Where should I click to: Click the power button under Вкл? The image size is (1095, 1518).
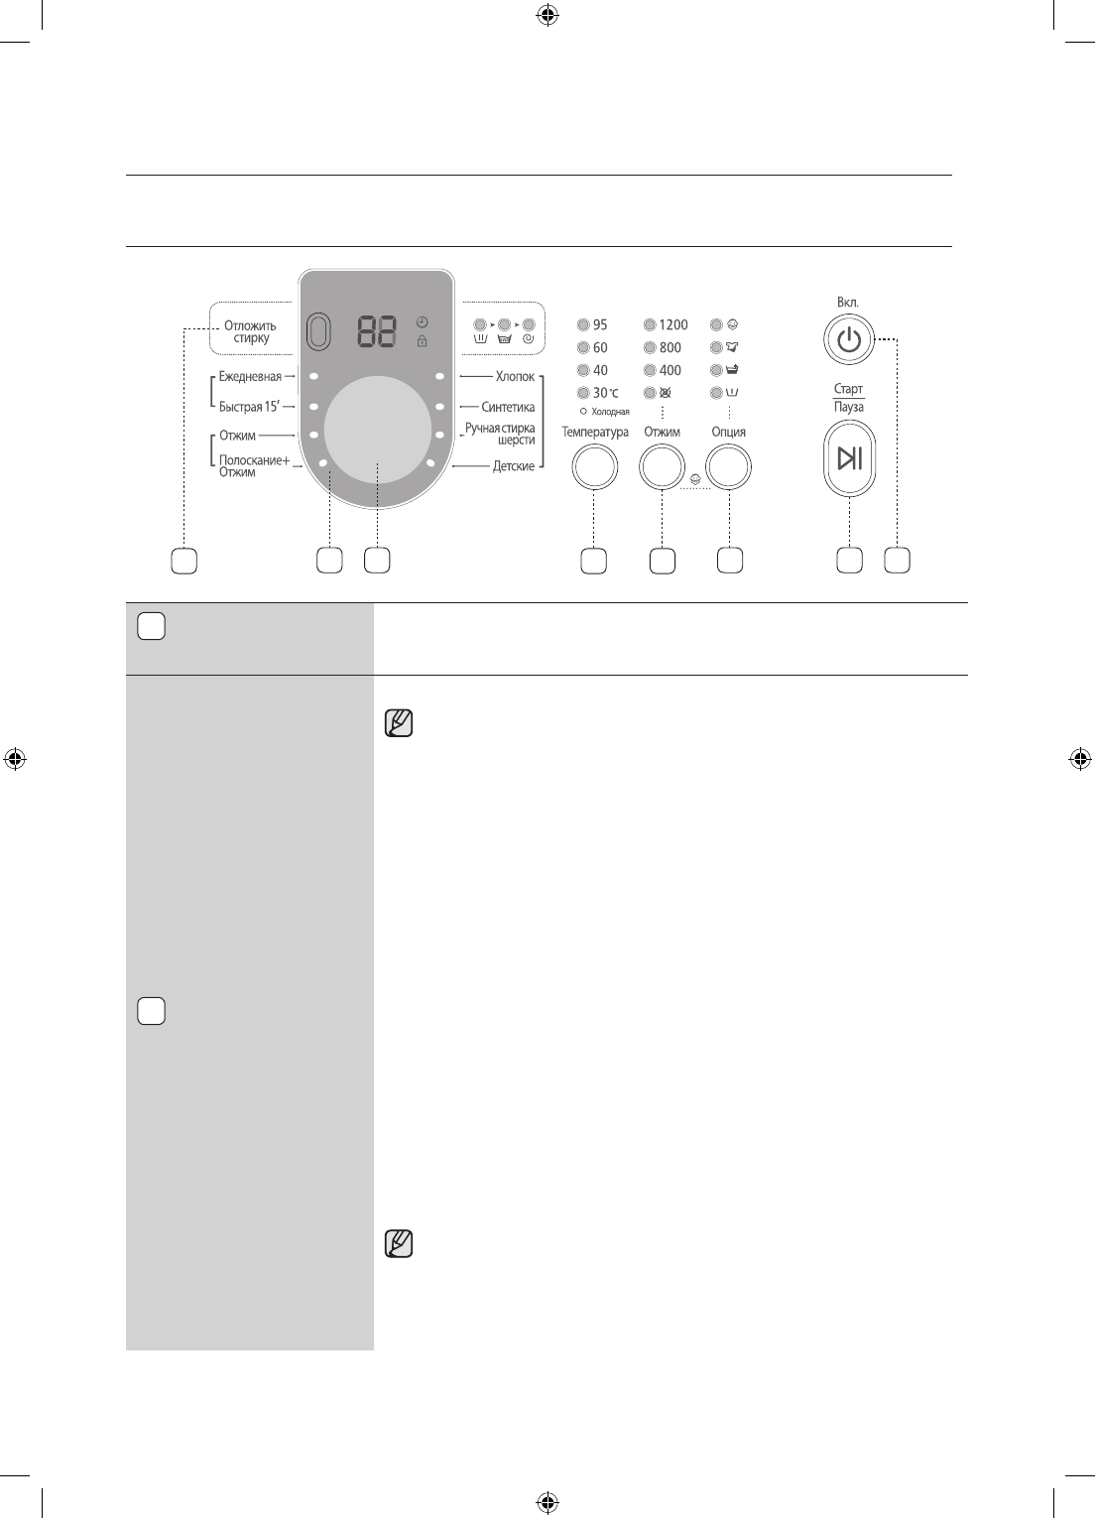click(848, 340)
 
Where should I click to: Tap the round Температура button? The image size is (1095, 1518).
click(594, 466)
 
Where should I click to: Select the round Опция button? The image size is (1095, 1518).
click(728, 466)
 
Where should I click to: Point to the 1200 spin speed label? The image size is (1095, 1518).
click(672, 324)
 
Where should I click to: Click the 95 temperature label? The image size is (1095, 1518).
click(600, 324)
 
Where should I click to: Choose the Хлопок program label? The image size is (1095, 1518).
click(515, 377)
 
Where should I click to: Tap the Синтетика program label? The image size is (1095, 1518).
click(508, 407)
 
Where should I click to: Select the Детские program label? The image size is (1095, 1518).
click(514, 466)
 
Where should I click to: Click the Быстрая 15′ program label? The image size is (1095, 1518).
click(250, 407)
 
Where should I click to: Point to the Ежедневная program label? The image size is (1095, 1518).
click(250, 377)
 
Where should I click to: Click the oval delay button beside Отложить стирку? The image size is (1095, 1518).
click(318, 331)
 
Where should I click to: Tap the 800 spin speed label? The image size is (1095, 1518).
click(670, 347)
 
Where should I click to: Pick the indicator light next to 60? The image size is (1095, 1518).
click(583, 347)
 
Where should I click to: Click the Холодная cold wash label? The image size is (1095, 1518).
click(610, 412)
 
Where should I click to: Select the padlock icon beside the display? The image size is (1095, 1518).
click(423, 341)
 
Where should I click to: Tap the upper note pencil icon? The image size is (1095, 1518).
click(398, 724)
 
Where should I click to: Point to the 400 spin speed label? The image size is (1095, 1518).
click(670, 370)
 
